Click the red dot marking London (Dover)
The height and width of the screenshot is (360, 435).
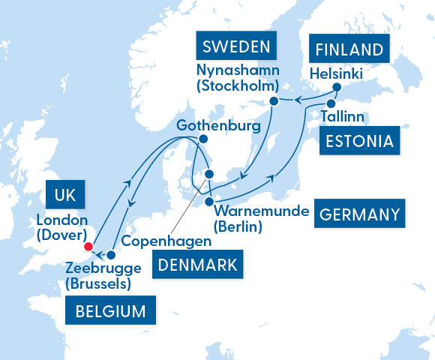88,246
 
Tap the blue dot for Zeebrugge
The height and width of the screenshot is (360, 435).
111,254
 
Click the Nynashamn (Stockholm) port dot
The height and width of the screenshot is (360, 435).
274,100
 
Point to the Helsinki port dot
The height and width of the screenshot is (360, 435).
337,87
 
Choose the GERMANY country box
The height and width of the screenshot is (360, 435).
359,214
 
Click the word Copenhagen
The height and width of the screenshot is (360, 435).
166,241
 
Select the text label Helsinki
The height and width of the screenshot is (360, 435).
336,73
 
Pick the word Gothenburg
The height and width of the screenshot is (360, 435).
218,125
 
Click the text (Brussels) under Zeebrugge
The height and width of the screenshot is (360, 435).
97,283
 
